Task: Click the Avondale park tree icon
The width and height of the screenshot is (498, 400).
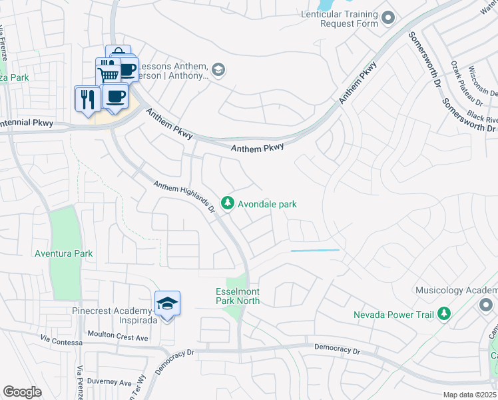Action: pos(228,202)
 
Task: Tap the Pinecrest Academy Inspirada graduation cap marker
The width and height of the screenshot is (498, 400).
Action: pos(167,304)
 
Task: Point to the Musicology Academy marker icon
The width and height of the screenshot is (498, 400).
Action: pos(485,304)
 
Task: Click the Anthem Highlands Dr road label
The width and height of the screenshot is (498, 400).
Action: pos(185,196)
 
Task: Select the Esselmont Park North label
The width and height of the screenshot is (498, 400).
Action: pos(238,296)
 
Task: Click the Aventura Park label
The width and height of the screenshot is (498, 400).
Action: pos(65,253)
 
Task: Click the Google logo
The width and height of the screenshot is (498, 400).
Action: pos(23,392)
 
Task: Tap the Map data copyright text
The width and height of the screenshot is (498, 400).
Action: pos(469,395)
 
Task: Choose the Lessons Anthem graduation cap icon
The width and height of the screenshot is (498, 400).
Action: pos(218,69)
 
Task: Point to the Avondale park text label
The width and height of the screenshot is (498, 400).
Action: pos(267,204)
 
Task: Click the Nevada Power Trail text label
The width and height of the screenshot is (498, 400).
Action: pos(393,314)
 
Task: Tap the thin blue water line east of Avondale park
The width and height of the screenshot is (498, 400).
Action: pos(315,251)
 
